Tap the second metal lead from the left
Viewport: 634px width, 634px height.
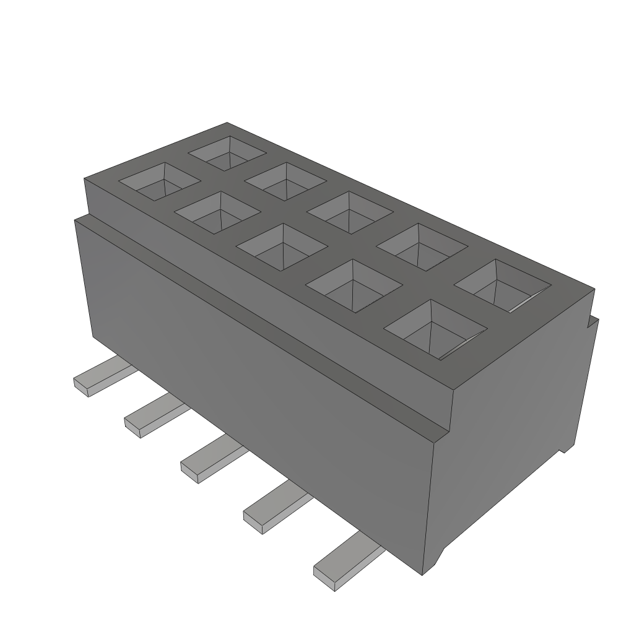152,418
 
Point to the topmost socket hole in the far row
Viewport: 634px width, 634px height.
227,152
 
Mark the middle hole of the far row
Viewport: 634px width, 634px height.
350,212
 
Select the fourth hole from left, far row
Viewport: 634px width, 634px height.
421,246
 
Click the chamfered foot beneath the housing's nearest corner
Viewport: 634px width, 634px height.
436,561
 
